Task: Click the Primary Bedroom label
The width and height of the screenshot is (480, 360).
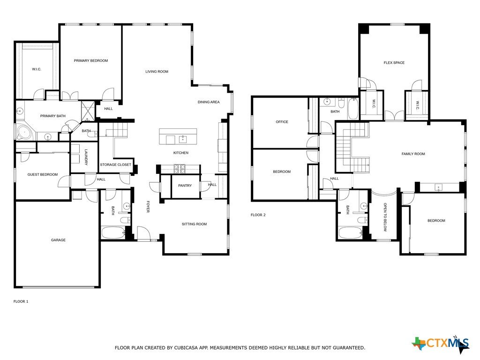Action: (91, 60)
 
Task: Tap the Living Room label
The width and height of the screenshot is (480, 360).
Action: (157, 72)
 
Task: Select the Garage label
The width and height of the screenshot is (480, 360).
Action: (58, 240)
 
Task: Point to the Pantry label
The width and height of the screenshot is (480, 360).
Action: (185, 186)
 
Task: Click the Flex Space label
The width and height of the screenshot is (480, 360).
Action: (394, 63)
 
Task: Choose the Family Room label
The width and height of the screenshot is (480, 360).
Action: (413, 154)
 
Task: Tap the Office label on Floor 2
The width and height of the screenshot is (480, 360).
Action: (282, 122)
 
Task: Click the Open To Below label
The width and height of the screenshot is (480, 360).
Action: (385, 217)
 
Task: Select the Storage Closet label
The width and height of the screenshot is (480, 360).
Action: (115, 165)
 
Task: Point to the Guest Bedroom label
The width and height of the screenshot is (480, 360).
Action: (43, 174)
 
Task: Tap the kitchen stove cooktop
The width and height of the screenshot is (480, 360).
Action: (180, 169)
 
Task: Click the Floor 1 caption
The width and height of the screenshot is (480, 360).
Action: (21, 301)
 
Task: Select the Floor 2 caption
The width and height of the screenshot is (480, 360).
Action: (258, 215)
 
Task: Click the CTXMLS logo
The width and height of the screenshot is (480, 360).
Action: (441, 345)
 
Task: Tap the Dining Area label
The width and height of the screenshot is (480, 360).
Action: (209, 102)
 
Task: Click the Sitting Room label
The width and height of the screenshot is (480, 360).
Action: (195, 224)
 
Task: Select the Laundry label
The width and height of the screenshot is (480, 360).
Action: (86, 157)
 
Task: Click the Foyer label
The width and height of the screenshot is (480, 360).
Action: (148, 207)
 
